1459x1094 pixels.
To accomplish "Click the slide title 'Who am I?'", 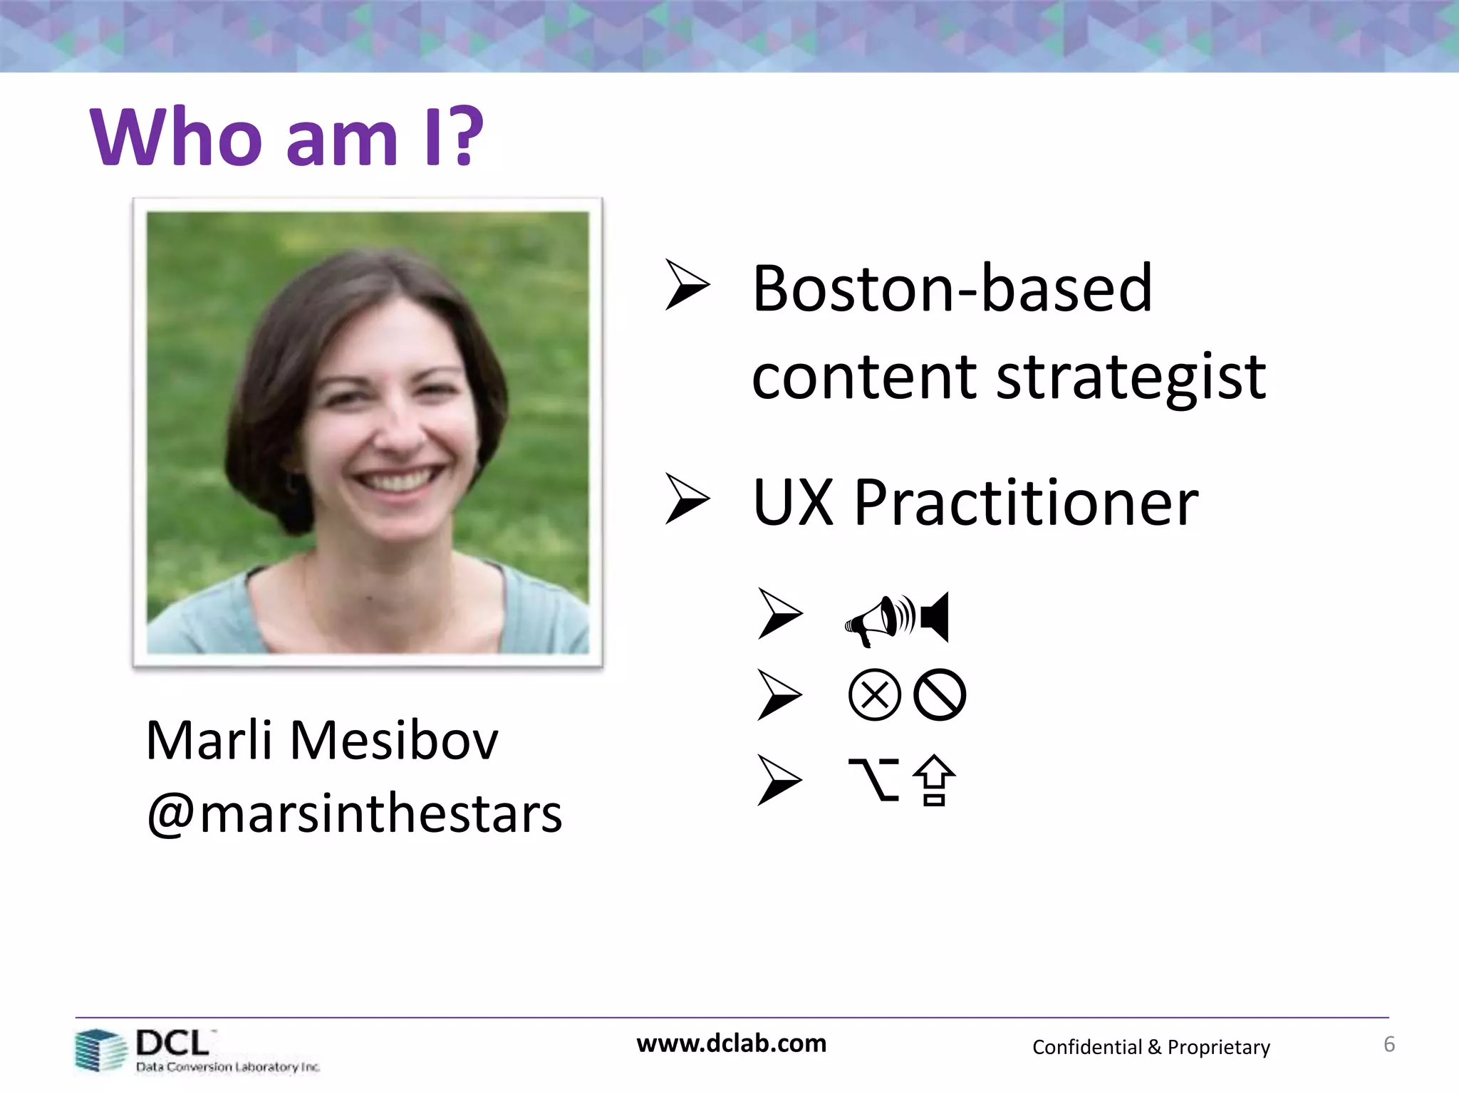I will coord(286,137).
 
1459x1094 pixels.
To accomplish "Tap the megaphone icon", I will coord(878,620).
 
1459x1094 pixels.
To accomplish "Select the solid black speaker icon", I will coord(935,617).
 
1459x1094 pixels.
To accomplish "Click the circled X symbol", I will coord(875,695).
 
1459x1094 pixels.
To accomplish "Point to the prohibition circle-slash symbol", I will coord(940,695).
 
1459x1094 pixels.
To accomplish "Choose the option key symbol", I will coord(873,780).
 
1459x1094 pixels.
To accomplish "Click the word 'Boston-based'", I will coord(952,288).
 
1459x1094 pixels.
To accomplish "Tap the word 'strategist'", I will coord(1131,377).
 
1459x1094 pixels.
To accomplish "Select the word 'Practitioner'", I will coord(1026,504).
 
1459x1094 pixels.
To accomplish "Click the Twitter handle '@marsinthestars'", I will coord(354,814).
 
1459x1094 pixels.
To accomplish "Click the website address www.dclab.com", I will coord(731,1043).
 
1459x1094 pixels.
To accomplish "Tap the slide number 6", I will coord(1388,1045).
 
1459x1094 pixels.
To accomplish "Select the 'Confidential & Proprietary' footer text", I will coord(1151,1047).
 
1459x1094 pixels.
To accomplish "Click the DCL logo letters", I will coord(172,1043).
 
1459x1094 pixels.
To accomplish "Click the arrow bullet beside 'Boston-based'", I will coord(687,285).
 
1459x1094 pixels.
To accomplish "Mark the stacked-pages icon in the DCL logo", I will coord(100,1051).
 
